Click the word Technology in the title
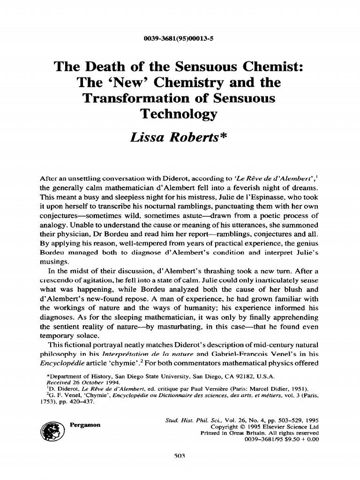(x=179, y=114)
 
